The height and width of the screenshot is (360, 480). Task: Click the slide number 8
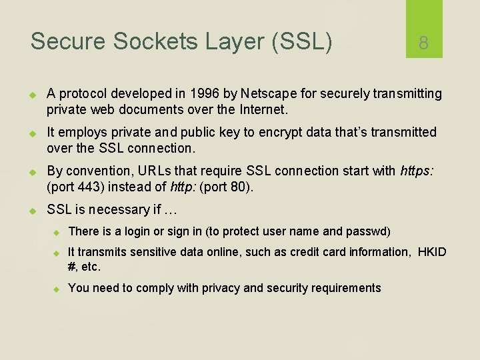pyautogui.click(x=423, y=43)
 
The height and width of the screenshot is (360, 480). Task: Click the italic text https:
pyautogui.click(x=417, y=171)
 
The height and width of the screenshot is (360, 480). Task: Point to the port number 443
pyautogui.click(x=85, y=187)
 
